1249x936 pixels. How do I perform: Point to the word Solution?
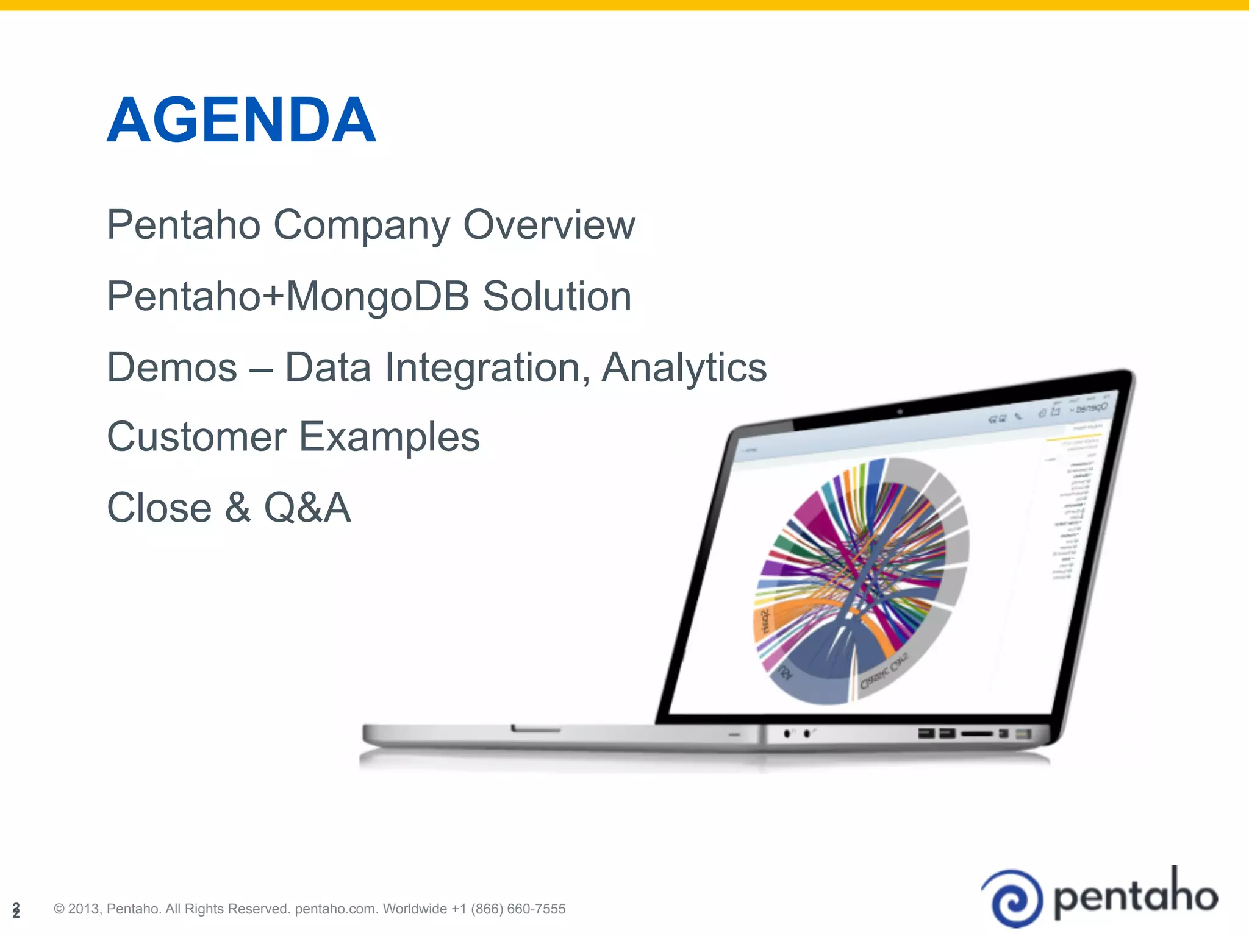pos(557,296)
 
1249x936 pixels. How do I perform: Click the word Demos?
pos(172,367)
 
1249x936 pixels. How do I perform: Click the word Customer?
pos(196,437)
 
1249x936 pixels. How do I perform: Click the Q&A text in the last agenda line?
pos(307,508)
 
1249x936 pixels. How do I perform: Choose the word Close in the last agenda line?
pos(159,508)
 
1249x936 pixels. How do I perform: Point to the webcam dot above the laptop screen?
pos(900,412)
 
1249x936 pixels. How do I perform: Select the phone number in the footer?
pos(508,909)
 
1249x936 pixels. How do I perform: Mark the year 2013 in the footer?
pos(84,909)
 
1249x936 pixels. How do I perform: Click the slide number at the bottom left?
pos(16,910)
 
